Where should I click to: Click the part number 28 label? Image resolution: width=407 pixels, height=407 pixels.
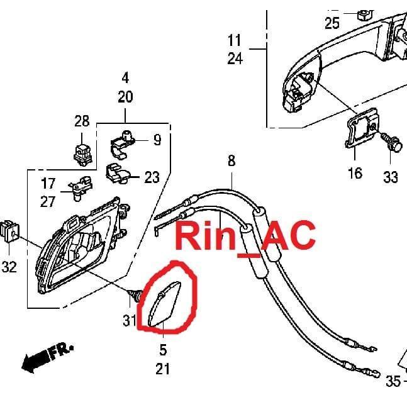pyautogui.click(x=82, y=121)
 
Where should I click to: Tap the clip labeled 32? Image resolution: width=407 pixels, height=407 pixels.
pyautogui.click(x=10, y=231)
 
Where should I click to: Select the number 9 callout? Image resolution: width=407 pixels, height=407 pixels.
pyautogui.click(x=157, y=140)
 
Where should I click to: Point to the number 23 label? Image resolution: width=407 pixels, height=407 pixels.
pyautogui.click(x=152, y=177)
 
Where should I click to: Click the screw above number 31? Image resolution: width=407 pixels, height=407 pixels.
pyautogui.click(x=135, y=295)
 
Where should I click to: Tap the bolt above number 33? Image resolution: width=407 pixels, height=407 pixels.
pyautogui.click(x=392, y=142)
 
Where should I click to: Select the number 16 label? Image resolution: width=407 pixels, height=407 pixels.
pyautogui.click(x=355, y=173)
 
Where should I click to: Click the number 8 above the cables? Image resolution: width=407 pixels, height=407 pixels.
pyautogui.click(x=231, y=160)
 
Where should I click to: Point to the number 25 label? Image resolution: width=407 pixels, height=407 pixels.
pyautogui.click(x=332, y=23)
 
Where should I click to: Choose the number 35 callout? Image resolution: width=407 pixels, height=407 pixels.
pyautogui.click(x=393, y=381)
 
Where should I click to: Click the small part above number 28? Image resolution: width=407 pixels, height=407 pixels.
pyautogui.click(x=83, y=155)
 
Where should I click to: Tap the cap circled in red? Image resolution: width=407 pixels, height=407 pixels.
pyautogui.click(x=164, y=303)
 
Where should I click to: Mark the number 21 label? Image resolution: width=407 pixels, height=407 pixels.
pyautogui.click(x=163, y=369)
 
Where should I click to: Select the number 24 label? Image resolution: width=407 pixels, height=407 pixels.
pyautogui.click(x=235, y=59)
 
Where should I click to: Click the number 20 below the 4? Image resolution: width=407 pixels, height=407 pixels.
pyautogui.click(x=125, y=97)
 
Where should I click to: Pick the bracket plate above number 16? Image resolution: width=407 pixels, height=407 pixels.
pyautogui.click(x=362, y=128)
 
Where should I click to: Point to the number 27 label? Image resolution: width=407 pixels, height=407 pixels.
pyautogui.click(x=48, y=202)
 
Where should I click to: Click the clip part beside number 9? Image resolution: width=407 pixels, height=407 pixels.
pyautogui.click(x=123, y=144)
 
